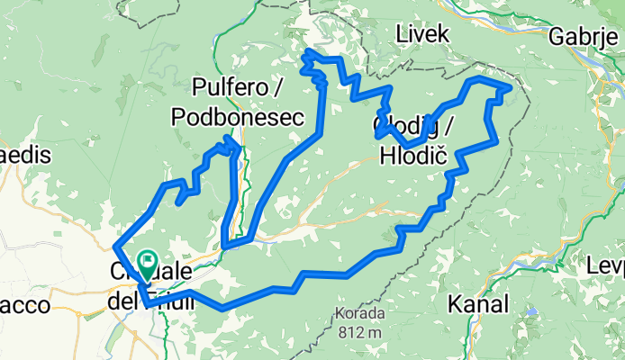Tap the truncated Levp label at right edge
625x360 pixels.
[x=605, y=267]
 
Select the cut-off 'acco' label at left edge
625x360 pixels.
[x=24, y=305]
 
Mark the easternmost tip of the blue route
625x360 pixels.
[x=512, y=88]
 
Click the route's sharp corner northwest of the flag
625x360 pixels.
[x=114, y=247]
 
